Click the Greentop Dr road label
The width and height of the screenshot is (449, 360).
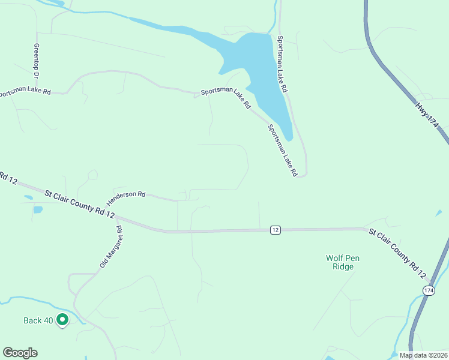coord(37,61)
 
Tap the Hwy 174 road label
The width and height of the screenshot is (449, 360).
coord(427,114)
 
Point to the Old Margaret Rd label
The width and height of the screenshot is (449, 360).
coord(111,247)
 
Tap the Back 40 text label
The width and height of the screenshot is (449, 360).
coord(38,320)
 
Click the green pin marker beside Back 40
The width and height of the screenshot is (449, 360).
coord(62,320)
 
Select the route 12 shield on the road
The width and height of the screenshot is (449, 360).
coord(275,230)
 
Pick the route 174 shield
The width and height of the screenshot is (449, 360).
coord(429,290)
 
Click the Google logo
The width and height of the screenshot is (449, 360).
coord(20,353)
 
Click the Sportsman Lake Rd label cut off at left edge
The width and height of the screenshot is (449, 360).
coord(25,93)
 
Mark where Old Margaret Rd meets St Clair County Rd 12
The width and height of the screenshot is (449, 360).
coord(116,217)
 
